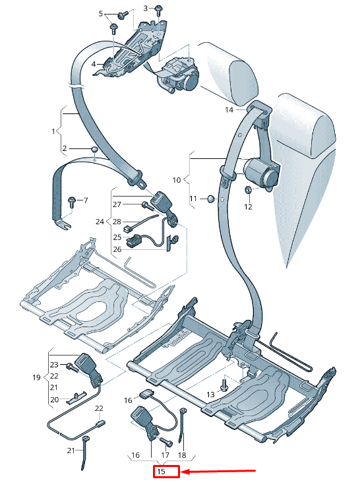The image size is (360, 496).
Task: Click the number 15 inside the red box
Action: coord(161,472)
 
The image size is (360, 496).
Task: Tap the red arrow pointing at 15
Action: coord(219,472)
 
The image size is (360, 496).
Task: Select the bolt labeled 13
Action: coord(224,385)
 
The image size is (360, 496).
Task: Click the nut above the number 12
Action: coord(249,190)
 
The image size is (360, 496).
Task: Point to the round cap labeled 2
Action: coord(94,149)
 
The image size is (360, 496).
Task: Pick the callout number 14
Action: coord(229,109)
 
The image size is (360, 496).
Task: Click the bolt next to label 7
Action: coord(72,202)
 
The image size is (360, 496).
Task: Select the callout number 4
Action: coord(94,64)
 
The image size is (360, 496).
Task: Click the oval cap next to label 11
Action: coord(211,199)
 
